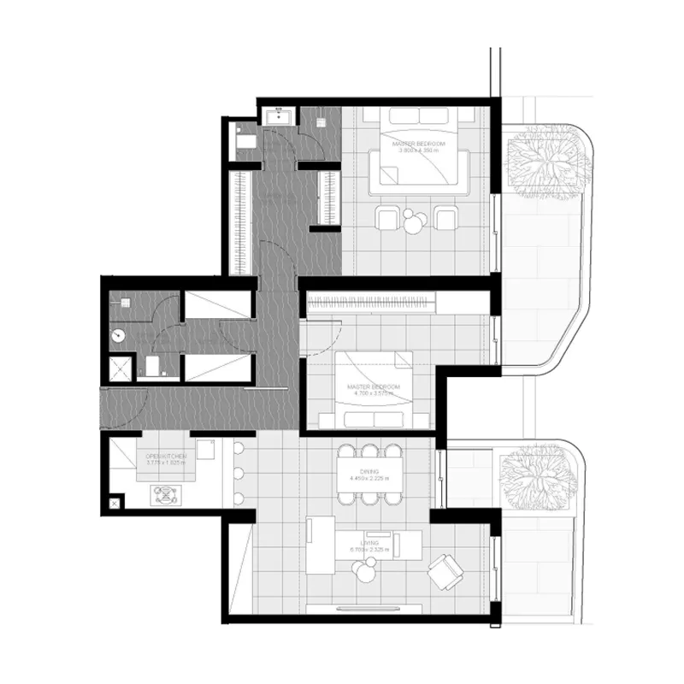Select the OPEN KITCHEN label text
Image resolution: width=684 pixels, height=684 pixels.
click(x=167, y=457)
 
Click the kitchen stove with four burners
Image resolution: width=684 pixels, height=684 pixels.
click(x=163, y=494)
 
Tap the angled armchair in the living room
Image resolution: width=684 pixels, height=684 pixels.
click(x=445, y=570)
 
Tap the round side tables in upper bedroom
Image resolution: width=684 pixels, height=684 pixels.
click(x=416, y=221)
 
